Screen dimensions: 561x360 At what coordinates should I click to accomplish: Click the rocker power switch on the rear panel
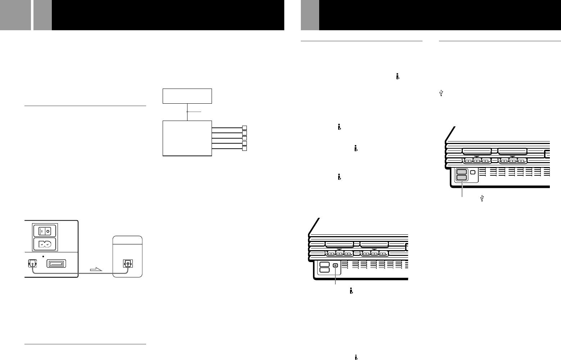pos(45,231)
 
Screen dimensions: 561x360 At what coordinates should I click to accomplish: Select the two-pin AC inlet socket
pos(45,244)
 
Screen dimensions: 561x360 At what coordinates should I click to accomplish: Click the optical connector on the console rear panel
pos(32,264)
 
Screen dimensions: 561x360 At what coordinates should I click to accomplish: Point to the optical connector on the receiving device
pos(127,264)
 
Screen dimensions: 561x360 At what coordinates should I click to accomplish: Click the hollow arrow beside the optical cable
pos(95,270)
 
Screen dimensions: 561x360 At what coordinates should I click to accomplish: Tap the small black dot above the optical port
pos(43,256)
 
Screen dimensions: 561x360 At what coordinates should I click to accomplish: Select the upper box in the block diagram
pos(187,96)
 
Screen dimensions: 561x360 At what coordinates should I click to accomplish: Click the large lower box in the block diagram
pos(187,138)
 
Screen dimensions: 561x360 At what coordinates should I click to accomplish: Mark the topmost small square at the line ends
pos(244,128)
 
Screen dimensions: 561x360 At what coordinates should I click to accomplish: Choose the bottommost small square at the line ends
pos(244,149)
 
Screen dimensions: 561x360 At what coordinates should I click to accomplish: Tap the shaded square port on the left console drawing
pos(335,265)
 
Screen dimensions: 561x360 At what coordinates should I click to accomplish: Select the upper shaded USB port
pos(461,172)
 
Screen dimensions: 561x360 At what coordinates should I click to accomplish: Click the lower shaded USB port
pos(461,177)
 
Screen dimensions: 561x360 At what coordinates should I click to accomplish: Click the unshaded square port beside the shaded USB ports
pos(472,172)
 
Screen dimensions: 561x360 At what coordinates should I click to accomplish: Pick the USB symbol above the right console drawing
pos(441,93)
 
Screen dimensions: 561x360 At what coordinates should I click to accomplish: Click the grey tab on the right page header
pos(310,15)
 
